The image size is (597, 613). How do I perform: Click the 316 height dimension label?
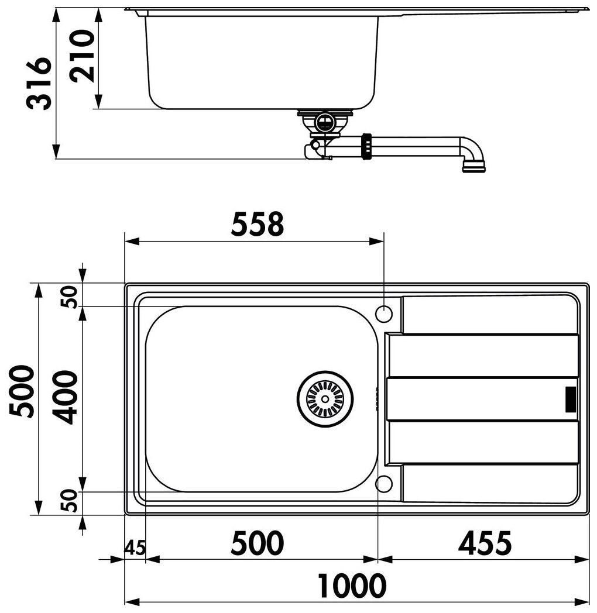(39, 83)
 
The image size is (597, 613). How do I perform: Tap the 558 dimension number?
(257, 225)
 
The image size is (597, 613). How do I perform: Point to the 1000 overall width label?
(351, 586)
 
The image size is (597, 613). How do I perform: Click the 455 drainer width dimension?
(484, 543)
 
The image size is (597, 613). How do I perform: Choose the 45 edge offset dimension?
(135, 547)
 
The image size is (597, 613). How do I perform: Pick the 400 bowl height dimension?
(66, 398)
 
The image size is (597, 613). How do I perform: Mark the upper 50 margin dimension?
(70, 297)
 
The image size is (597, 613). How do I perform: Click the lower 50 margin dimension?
(70, 501)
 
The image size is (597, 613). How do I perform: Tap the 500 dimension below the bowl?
(257, 543)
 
